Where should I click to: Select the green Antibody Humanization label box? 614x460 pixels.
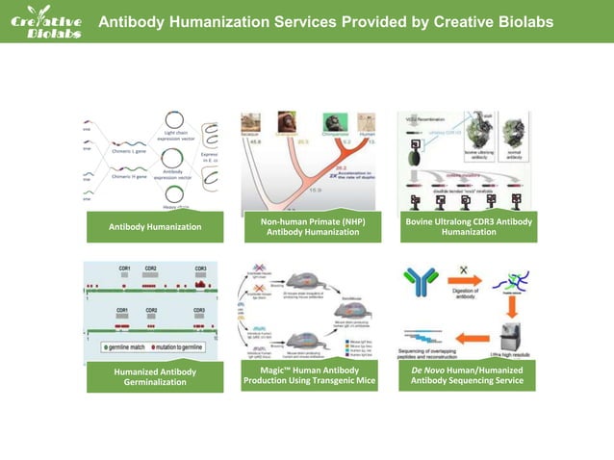155,227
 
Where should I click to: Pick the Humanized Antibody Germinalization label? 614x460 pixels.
155,376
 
